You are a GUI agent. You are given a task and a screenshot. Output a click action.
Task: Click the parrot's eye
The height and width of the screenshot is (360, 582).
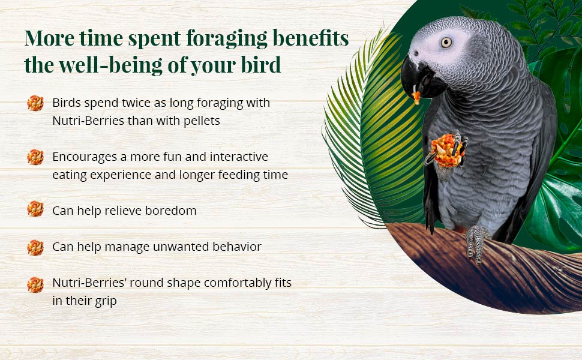click(446, 42)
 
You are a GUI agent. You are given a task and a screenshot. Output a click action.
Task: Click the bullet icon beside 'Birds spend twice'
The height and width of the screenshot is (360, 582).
click(35, 103)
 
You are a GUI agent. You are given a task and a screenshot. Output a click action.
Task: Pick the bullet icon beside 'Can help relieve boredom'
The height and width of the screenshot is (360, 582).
click(35, 209)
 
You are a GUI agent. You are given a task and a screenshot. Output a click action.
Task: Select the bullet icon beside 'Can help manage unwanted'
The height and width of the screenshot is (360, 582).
click(35, 247)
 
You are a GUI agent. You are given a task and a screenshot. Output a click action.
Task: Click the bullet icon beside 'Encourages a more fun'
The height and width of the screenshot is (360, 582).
click(35, 157)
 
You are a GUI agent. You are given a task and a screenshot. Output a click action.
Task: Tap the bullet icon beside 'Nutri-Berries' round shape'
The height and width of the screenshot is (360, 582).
click(35, 284)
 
